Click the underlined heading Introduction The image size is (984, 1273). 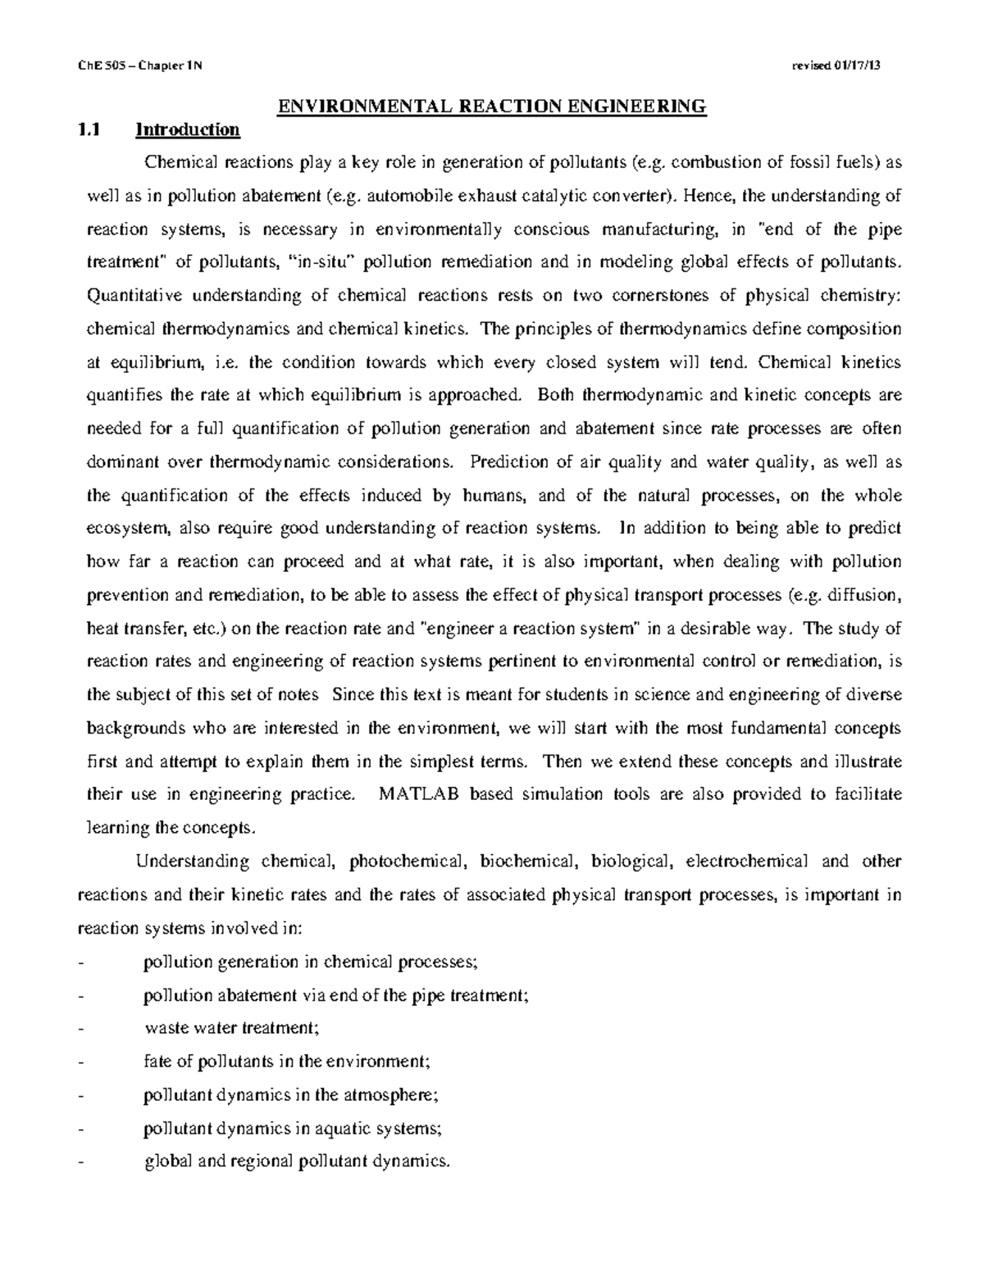point(188,130)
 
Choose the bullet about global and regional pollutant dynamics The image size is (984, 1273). point(297,1162)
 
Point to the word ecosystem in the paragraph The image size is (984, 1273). point(129,529)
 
